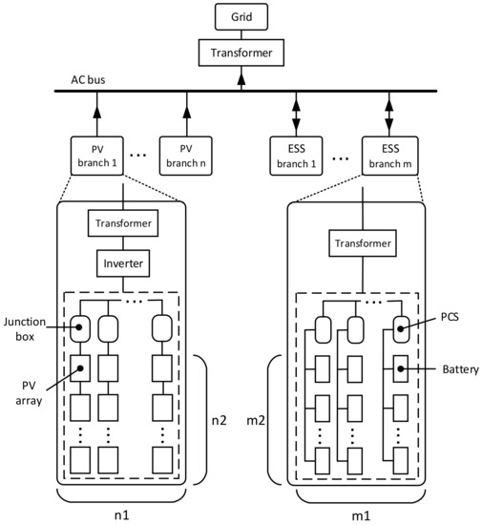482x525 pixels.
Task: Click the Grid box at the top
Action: [241, 16]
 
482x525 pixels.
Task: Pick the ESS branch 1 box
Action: [297, 153]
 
